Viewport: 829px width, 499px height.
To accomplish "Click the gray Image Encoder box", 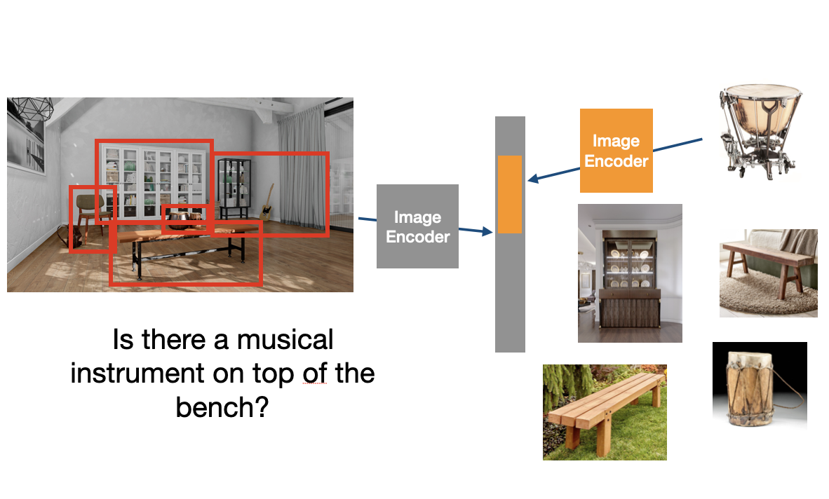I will point(417,226).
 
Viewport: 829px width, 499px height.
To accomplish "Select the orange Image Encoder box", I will point(616,151).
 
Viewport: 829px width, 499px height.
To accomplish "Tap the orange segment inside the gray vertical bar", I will point(509,194).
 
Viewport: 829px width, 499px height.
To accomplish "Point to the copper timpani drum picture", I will point(760,129).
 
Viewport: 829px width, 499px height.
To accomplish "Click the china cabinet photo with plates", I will point(630,273).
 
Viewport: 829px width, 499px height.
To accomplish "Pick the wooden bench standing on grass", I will point(604,411).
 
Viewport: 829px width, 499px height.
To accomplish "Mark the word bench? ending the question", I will point(222,406).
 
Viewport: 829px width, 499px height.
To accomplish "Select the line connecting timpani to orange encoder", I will point(677,146).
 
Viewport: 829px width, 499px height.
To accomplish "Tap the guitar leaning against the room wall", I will point(267,203).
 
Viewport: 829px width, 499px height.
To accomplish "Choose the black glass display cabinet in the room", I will point(234,186).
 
